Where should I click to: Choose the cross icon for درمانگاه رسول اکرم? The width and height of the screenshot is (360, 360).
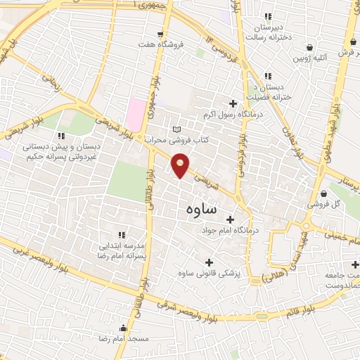coord(233,103)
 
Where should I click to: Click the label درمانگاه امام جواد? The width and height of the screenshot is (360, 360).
coord(231,230)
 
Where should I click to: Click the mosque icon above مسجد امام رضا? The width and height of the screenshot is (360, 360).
coord(124,328)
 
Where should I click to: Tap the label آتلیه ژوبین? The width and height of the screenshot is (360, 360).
coord(310,59)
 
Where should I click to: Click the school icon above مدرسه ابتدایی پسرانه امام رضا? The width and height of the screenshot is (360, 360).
coord(122,235)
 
